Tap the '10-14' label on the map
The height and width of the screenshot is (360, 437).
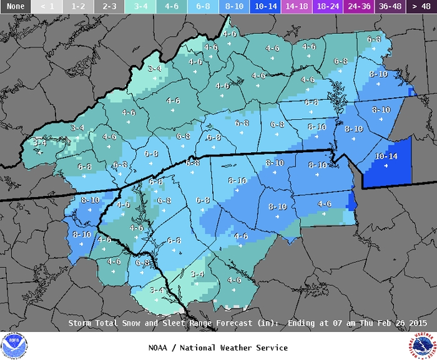[x=386, y=156]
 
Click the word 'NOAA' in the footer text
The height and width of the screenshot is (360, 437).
[x=160, y=348]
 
